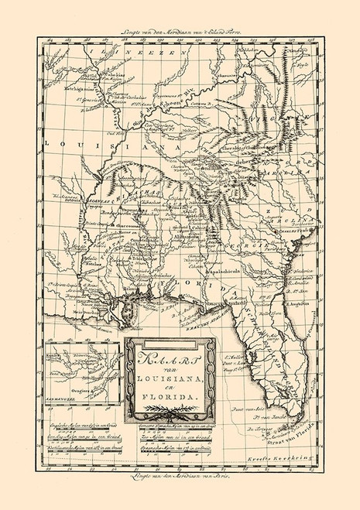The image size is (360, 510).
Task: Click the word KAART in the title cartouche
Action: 159,358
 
